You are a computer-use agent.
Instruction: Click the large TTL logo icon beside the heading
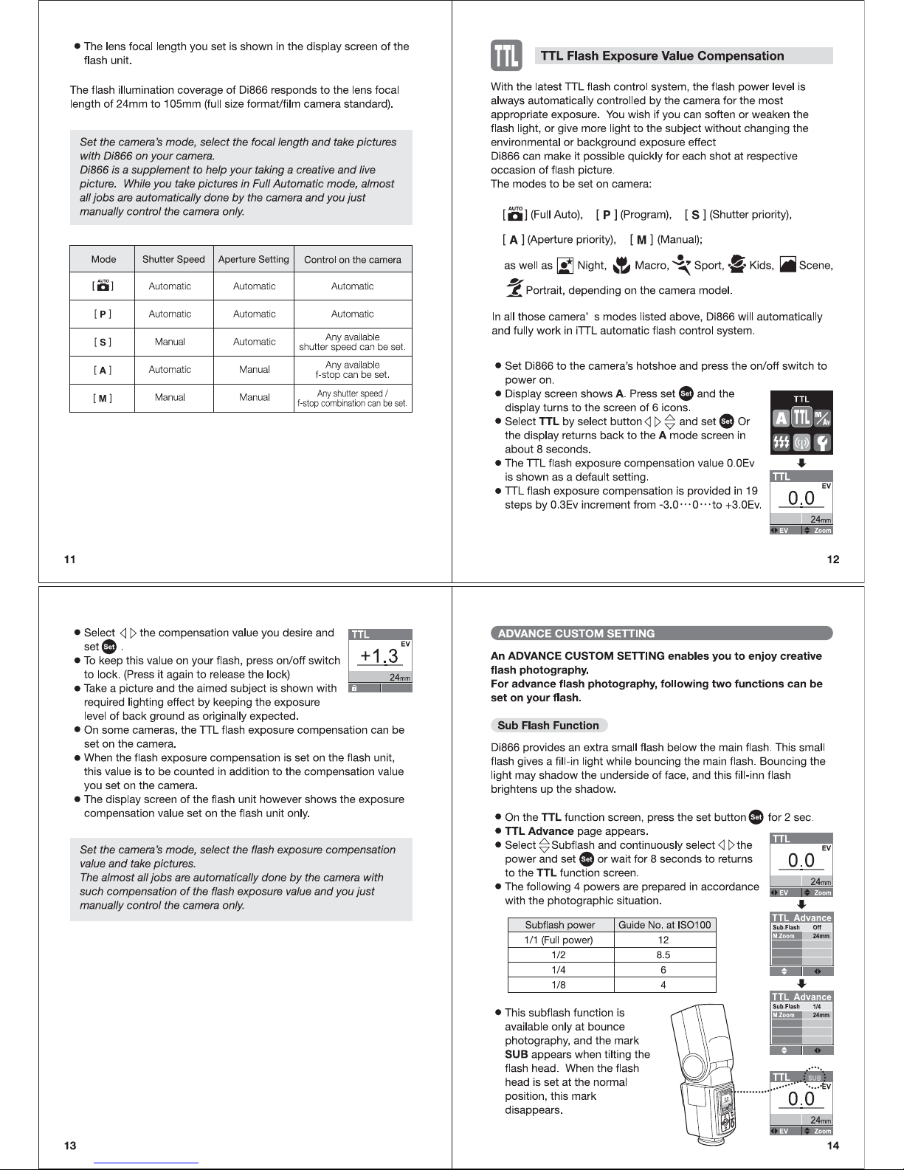point(506,56)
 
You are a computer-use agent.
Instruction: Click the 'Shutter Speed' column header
point(173,259)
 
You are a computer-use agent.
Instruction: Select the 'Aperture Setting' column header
point(254,259)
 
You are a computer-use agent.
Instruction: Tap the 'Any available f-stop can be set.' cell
point(352,369)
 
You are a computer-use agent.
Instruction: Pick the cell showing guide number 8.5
point(663,954)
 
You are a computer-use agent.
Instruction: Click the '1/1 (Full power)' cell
point(559,940)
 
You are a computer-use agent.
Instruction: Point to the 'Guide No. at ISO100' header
point(664,925)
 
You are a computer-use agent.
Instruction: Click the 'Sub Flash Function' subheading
point(548,726)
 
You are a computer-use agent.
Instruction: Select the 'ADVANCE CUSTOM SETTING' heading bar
point(661,633)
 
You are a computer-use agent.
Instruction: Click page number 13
point(70,1146)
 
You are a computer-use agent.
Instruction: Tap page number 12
point(833,560)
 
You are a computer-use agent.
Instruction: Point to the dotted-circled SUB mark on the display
point(814,1078)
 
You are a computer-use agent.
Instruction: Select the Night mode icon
point(565,266)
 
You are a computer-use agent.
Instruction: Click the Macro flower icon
point(622,266)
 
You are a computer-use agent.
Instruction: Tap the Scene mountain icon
point(787,266)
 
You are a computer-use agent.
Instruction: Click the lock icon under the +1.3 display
point(355,688)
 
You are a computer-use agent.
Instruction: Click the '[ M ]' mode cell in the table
point(103,398)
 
